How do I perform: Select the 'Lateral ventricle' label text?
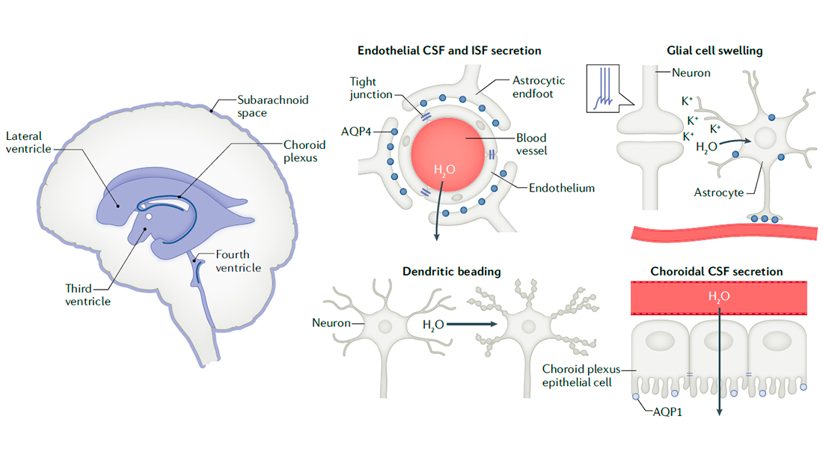[29, 143]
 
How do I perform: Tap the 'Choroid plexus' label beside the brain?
[304, 152]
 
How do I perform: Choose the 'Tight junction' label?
[372, 88]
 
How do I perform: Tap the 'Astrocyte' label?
[718, 192]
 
